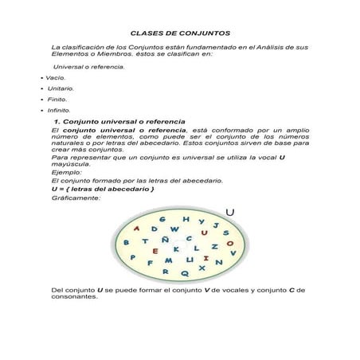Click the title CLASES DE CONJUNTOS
[x=180, y=34]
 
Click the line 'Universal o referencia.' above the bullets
[x=88, y=68]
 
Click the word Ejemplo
[x=65, y=172]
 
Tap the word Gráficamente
[x=76, y=198]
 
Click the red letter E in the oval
[x=156, y=250]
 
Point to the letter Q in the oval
[x=185, y=272]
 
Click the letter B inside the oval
[x=126, y=242]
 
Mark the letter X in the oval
[x=202, y=268]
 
